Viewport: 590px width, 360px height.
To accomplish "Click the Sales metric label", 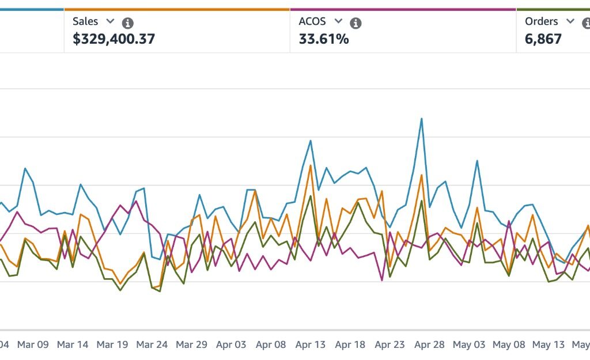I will (85, 21).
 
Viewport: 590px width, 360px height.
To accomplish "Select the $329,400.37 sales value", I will (114, 39).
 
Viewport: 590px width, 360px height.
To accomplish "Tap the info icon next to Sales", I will (128, 23).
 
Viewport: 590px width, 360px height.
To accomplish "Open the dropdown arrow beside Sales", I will (110, 21).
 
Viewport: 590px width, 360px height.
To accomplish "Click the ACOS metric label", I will (312, 21).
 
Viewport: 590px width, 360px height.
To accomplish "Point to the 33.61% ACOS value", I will (323, 39).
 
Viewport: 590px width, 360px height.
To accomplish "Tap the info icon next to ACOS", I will (356, 23).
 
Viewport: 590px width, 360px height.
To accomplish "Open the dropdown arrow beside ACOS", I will (338, 21).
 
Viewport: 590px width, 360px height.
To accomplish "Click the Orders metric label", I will (541, 21).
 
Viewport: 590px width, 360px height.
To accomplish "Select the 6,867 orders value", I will (543, 39).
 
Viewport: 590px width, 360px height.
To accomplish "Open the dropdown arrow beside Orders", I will (570, 21).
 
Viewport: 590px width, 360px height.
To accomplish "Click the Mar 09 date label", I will (33, 344).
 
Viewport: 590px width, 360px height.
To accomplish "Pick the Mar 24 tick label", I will (152, 344).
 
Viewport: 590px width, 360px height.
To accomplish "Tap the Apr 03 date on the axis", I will (231, 344).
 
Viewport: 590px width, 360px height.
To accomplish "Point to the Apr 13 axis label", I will (311, 344).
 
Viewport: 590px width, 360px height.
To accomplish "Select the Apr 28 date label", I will (429, 344).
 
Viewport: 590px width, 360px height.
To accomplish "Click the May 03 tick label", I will (469, 344).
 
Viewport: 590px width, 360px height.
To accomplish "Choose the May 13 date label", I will (549, 344).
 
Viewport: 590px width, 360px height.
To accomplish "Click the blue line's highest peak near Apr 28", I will (422, 119).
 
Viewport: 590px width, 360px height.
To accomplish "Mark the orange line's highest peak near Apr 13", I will (311, 165).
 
